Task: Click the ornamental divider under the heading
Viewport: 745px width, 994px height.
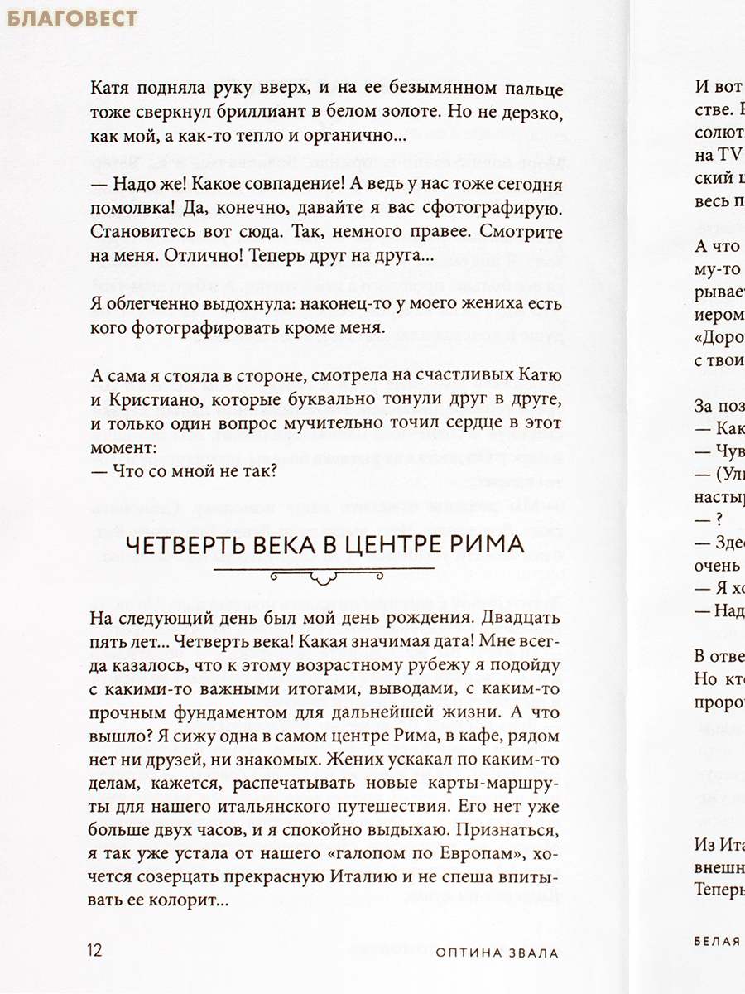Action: [324, 572]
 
